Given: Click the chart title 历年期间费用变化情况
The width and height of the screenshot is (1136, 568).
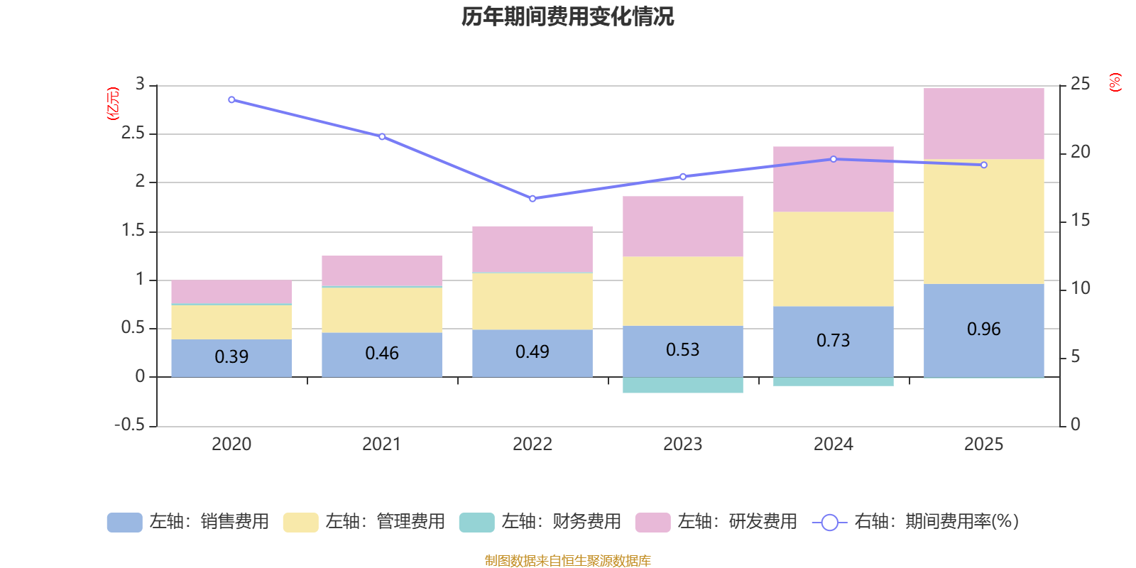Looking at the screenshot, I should [567, 16].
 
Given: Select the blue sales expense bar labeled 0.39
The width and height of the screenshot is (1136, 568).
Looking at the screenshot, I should [231, 357].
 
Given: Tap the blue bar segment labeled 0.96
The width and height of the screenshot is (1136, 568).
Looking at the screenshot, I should [983, 329].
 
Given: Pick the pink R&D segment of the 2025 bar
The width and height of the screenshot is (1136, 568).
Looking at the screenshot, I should [983, 124].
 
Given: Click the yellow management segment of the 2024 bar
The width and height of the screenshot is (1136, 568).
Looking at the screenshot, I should [833, 258].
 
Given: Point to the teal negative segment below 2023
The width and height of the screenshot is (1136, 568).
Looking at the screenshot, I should [682, 386].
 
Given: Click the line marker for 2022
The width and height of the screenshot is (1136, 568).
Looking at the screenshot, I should [532, 199].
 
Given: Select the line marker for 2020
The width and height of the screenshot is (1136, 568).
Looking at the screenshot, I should [231, 100].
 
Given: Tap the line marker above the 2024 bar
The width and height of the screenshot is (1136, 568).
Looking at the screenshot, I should [833, 159].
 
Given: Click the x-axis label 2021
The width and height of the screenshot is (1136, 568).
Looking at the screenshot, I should [381, 444].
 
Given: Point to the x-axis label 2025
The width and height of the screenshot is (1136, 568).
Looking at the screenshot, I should [983, 444].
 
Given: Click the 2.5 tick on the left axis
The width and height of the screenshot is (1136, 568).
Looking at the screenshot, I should [133, 133].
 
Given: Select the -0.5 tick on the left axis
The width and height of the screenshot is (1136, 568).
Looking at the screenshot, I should [129, 425].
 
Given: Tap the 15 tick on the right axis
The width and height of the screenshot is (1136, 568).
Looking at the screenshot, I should [1080, 220].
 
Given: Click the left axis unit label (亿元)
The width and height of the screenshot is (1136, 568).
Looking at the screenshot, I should [112, 104].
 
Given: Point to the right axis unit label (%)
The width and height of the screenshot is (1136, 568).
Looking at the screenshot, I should [1115, 82].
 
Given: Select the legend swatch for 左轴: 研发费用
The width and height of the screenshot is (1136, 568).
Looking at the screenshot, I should [652, 523].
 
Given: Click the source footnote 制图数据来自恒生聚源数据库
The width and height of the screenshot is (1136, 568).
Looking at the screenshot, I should [567, 561].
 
